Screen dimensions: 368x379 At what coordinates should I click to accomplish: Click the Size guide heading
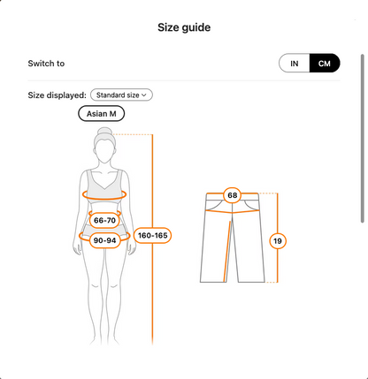click(184, 27)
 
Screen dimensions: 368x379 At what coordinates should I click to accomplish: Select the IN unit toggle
click(295, 64)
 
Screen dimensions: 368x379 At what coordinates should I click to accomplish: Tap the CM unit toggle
click(325, 64)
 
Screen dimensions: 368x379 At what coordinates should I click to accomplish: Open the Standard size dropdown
click(121, 95)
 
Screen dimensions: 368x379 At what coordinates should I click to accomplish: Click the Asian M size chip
click(102, 114)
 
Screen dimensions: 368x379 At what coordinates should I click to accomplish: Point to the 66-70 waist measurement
click(104, 220)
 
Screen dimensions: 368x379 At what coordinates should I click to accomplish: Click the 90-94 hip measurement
click(104, 240)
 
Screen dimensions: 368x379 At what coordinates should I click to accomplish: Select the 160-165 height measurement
click(153, 235)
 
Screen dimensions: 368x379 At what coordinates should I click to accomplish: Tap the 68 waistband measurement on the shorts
click(233, 195)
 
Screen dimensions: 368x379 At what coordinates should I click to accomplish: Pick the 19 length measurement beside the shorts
click(278, 241)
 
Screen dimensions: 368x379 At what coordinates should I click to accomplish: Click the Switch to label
click(46, 64)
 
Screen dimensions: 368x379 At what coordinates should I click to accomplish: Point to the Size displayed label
click(57, 95)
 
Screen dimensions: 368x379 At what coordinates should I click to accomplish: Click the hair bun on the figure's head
click(104, 131)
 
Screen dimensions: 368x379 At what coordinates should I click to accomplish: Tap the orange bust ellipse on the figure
click(104, 199)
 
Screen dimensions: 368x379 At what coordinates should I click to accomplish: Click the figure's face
click(104, 150)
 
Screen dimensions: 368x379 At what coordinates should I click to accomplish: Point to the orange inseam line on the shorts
click(227, 251)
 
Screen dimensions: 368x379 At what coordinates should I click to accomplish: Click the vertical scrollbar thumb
click(363, 139)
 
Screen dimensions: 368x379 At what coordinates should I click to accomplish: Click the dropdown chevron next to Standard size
click(144, 95)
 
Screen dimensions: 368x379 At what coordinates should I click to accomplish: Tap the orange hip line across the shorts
click(233, 212)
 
